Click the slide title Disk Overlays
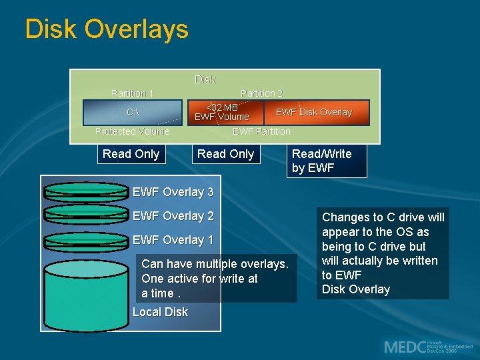point(107,30)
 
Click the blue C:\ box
point(133,113)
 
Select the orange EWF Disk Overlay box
point(314,112)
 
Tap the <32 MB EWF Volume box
point(222,112)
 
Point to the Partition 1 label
point(133,93)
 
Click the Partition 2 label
point(261,93)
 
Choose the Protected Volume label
point(133,131)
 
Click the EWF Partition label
point(261,131)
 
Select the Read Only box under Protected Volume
point(131,154)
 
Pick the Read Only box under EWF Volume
point(225,154)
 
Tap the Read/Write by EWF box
point(327,161)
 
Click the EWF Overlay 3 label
point(173,192)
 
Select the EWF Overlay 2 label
point(173,216)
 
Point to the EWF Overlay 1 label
point(173,240)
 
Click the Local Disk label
point(160,312)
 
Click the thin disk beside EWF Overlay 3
point(84,191)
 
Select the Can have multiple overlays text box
point(215,279)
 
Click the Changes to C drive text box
point(383,253)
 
